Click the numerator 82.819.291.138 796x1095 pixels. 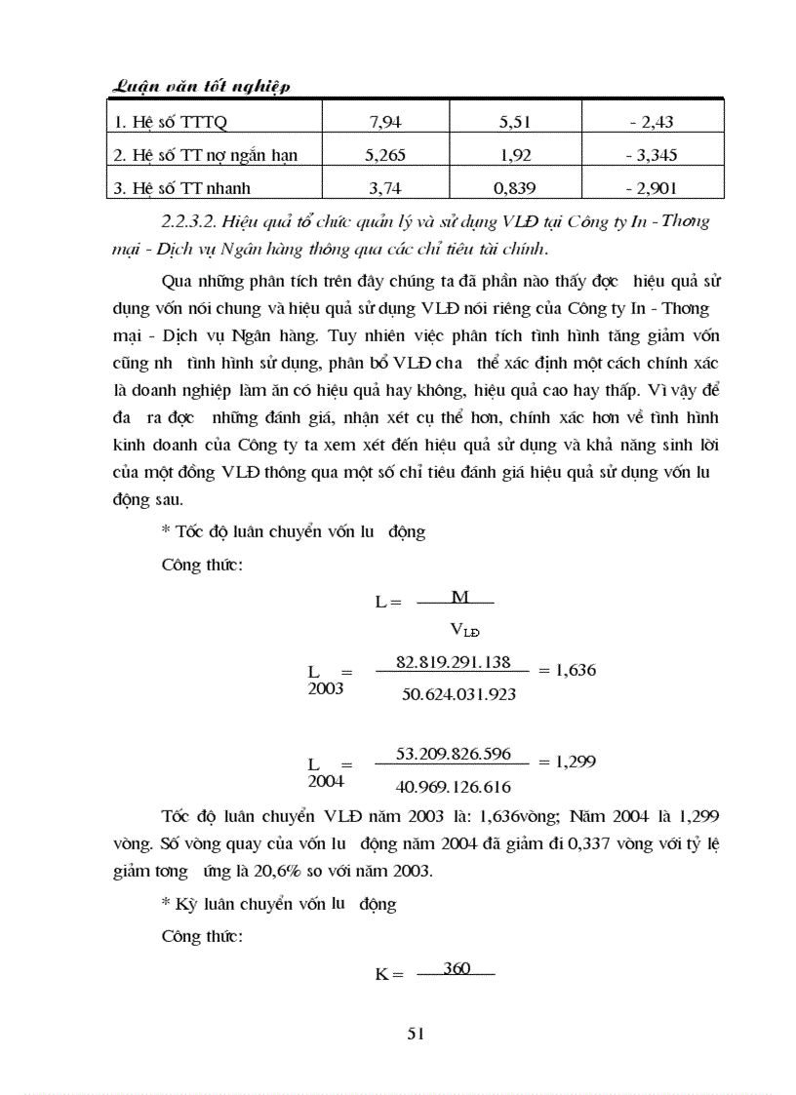click(x=454, y=662)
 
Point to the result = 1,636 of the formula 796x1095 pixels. click(x=567, y=670)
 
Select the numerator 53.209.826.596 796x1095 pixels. click(x=454, y=755)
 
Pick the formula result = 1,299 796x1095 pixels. click(x=567, y=762)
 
